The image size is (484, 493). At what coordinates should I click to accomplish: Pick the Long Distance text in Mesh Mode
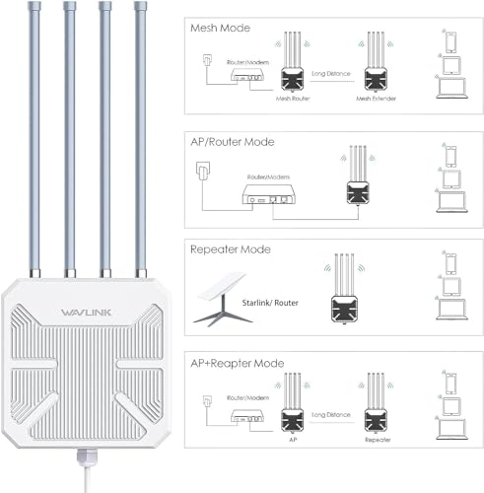point(332,73)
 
